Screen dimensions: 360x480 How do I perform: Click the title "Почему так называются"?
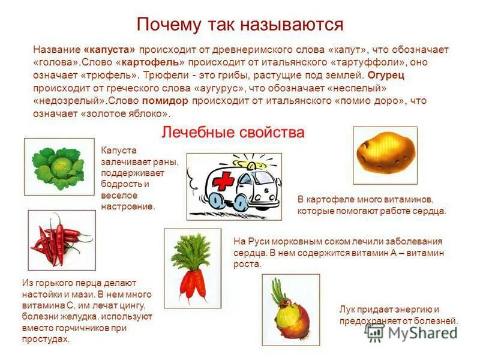pos(240,25)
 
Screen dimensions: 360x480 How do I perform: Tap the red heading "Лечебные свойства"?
pos(233,132)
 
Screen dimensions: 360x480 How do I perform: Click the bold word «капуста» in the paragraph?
pos(110,50)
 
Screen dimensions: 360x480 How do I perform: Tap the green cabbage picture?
pos(59,166)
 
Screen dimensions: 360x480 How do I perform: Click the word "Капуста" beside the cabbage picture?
pos(119,150)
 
